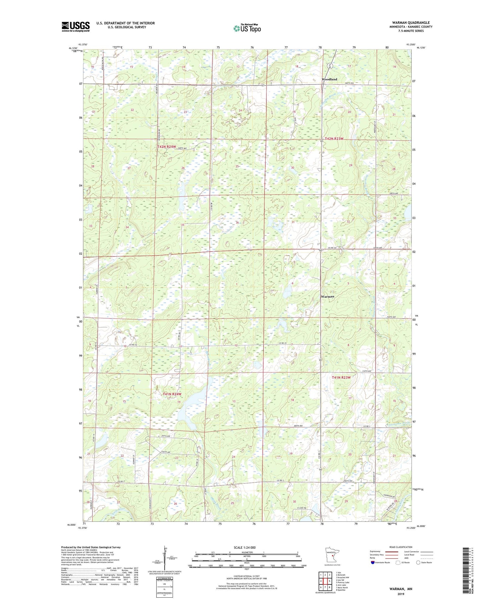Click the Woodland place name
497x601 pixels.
point(329,79)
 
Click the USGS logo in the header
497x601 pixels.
point(76,27)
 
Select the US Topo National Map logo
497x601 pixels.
point(247,28)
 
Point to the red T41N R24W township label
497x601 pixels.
point(172,394)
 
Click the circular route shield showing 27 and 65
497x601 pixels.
point(330,66)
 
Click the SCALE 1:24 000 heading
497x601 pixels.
point(245,547)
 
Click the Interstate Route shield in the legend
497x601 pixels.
point(373,563)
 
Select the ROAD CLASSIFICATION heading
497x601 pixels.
point(401,547)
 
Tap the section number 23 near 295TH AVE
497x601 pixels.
point(177,458)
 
